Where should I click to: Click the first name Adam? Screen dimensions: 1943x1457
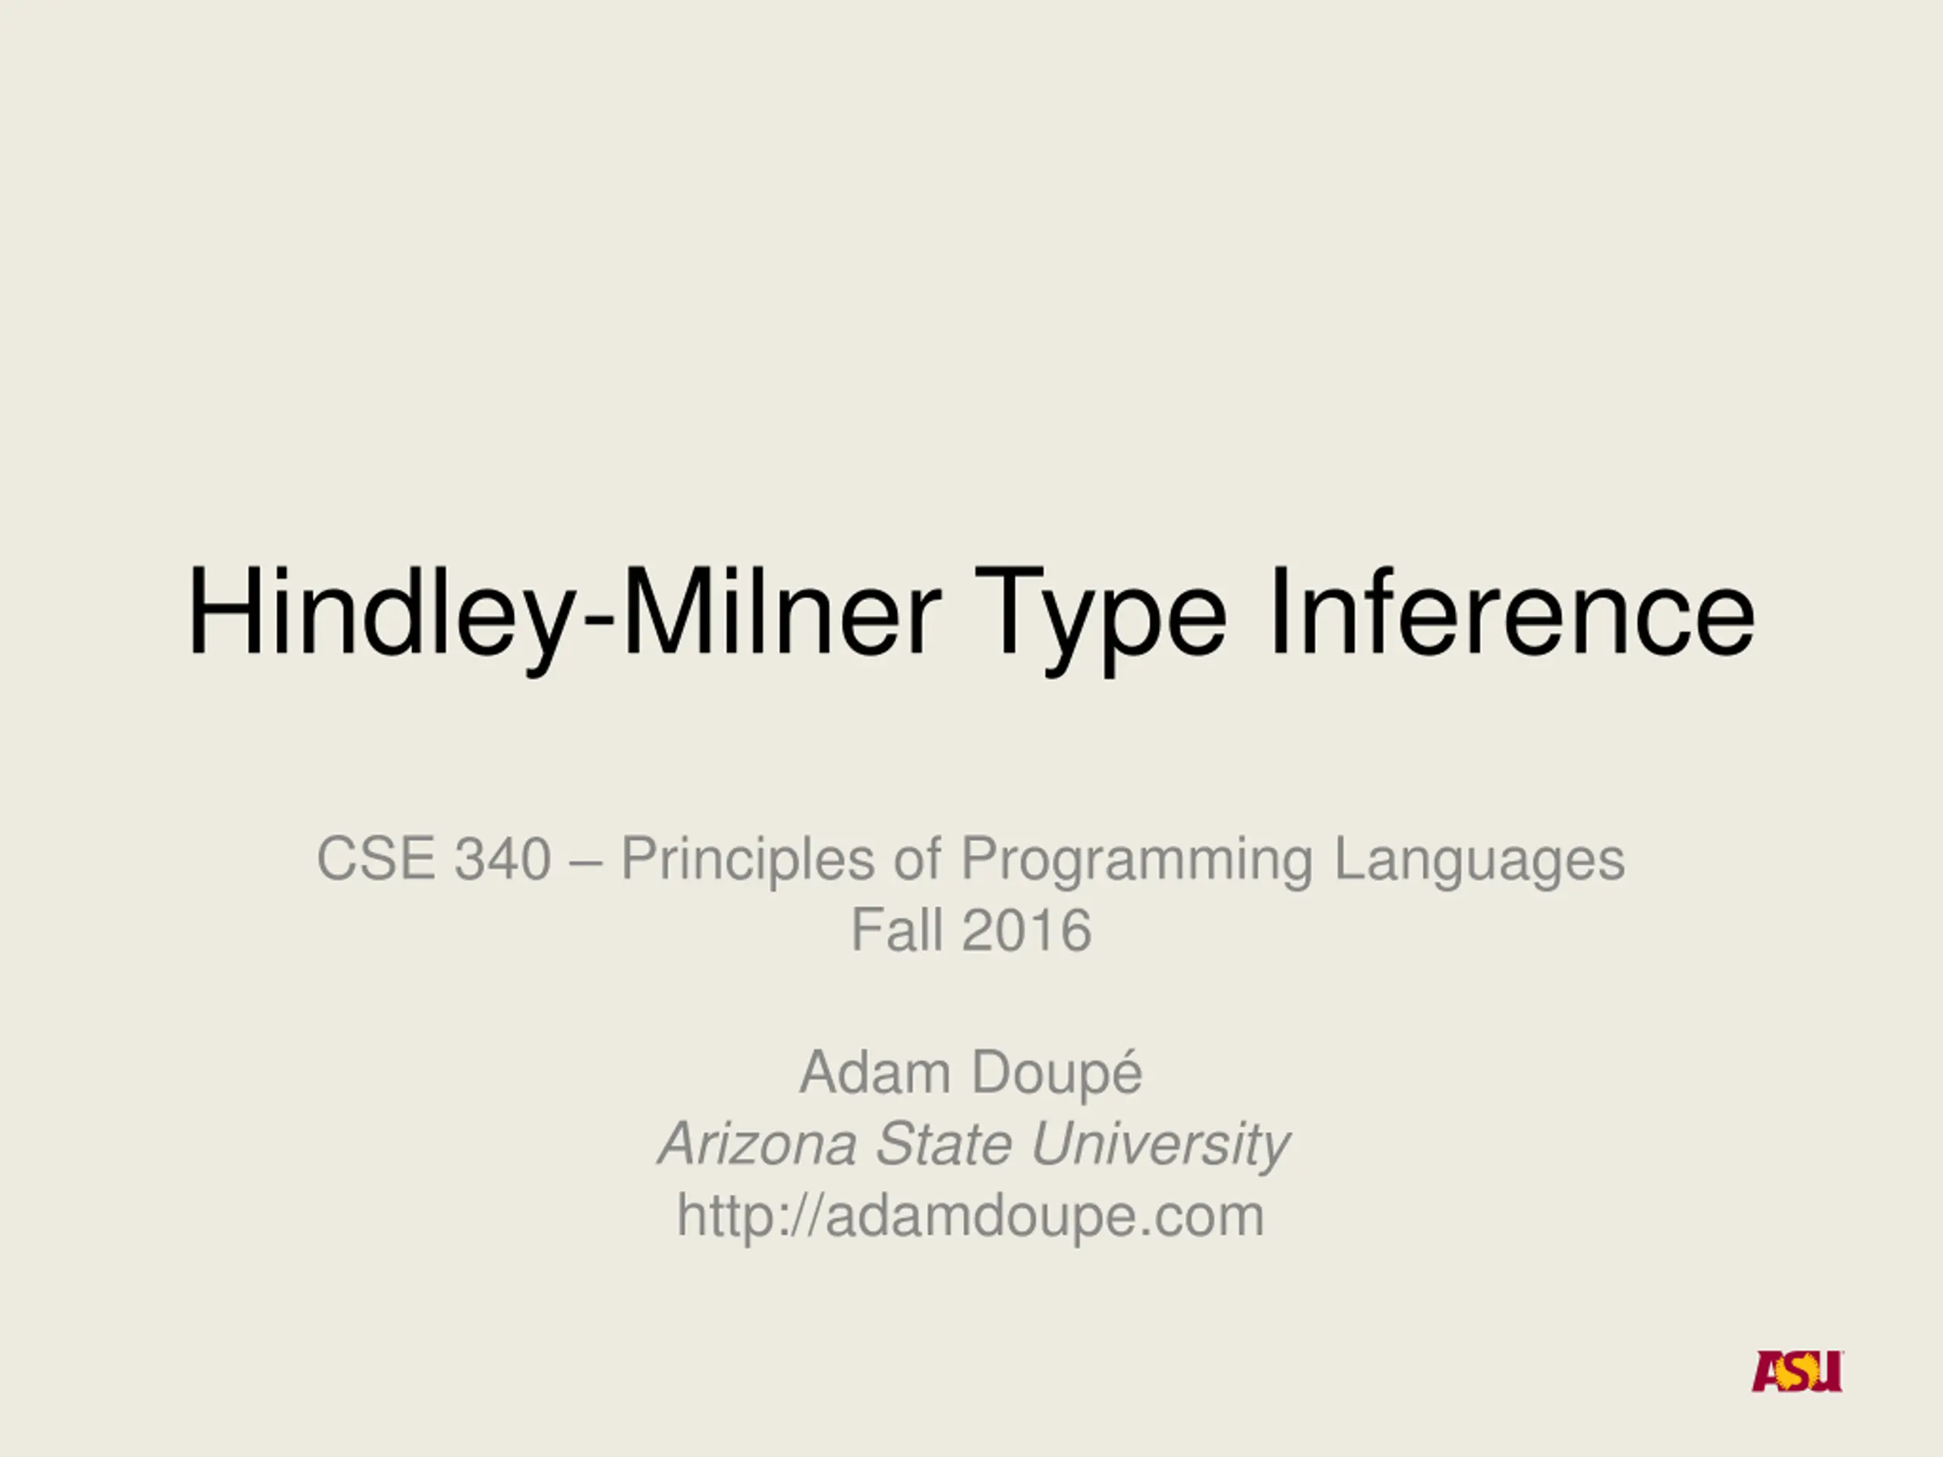(875, 1072)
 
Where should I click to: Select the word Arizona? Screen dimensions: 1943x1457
(757, 1144)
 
